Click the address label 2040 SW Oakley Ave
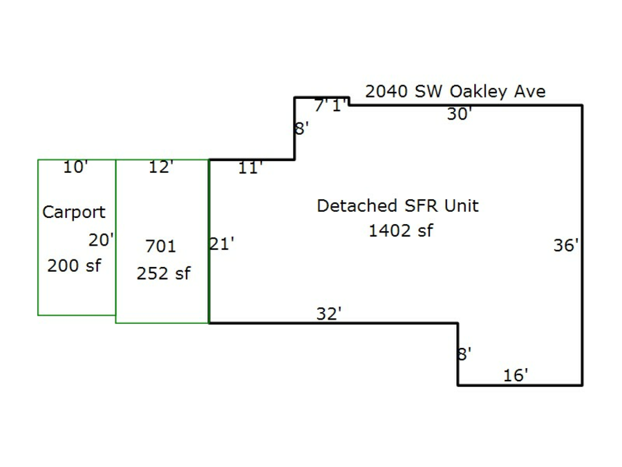coord(455,91)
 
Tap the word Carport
coord(74,212)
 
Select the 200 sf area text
coord(74,265)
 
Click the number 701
coord(161,246)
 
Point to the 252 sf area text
coord(163,273)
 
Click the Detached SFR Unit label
coord(397,205)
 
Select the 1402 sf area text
coord(400,231)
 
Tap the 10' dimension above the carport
coord(75,167)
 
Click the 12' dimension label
coord(160,167)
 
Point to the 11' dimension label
coord(249,167)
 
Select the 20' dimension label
coord(101,240)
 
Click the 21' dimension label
coord(222,244)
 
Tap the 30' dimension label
coord(459,114)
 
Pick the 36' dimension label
coord(566,245)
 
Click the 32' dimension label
coord(329,313)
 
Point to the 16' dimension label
coord(516,375)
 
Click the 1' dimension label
coord(339,106)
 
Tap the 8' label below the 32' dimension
coord(464,354)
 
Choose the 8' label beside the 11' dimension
coord(302,129)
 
